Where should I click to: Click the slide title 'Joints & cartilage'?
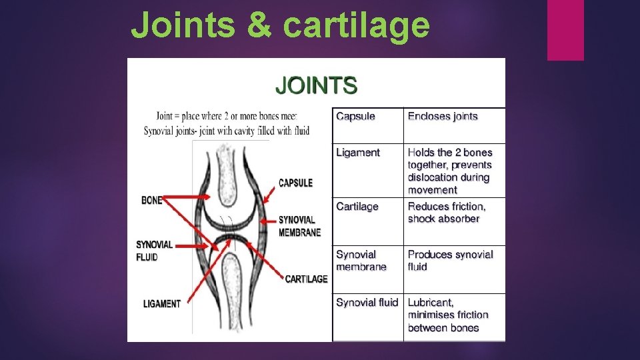[280, 25]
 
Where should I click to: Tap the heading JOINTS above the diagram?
[317, 85]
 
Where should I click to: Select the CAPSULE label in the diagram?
[295, 183]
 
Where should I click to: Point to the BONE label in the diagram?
[151, 199]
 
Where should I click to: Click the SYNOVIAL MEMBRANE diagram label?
[299, 226]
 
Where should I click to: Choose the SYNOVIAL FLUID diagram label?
[154, 251]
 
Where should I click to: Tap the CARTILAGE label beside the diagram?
[306, 279]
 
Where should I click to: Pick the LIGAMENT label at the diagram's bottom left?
[161, 304]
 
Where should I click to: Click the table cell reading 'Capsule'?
[355, 117]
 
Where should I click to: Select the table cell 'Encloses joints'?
[443, 117]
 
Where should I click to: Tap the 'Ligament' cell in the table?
[358, 153]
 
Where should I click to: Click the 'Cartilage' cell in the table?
[357, 207]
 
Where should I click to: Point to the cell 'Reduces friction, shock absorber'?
[447, 213]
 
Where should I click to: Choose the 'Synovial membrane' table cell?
[361, 261]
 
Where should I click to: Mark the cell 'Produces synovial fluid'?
[450, 261]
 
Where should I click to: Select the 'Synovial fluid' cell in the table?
[367, 303]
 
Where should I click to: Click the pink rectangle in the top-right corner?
[565, 30]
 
